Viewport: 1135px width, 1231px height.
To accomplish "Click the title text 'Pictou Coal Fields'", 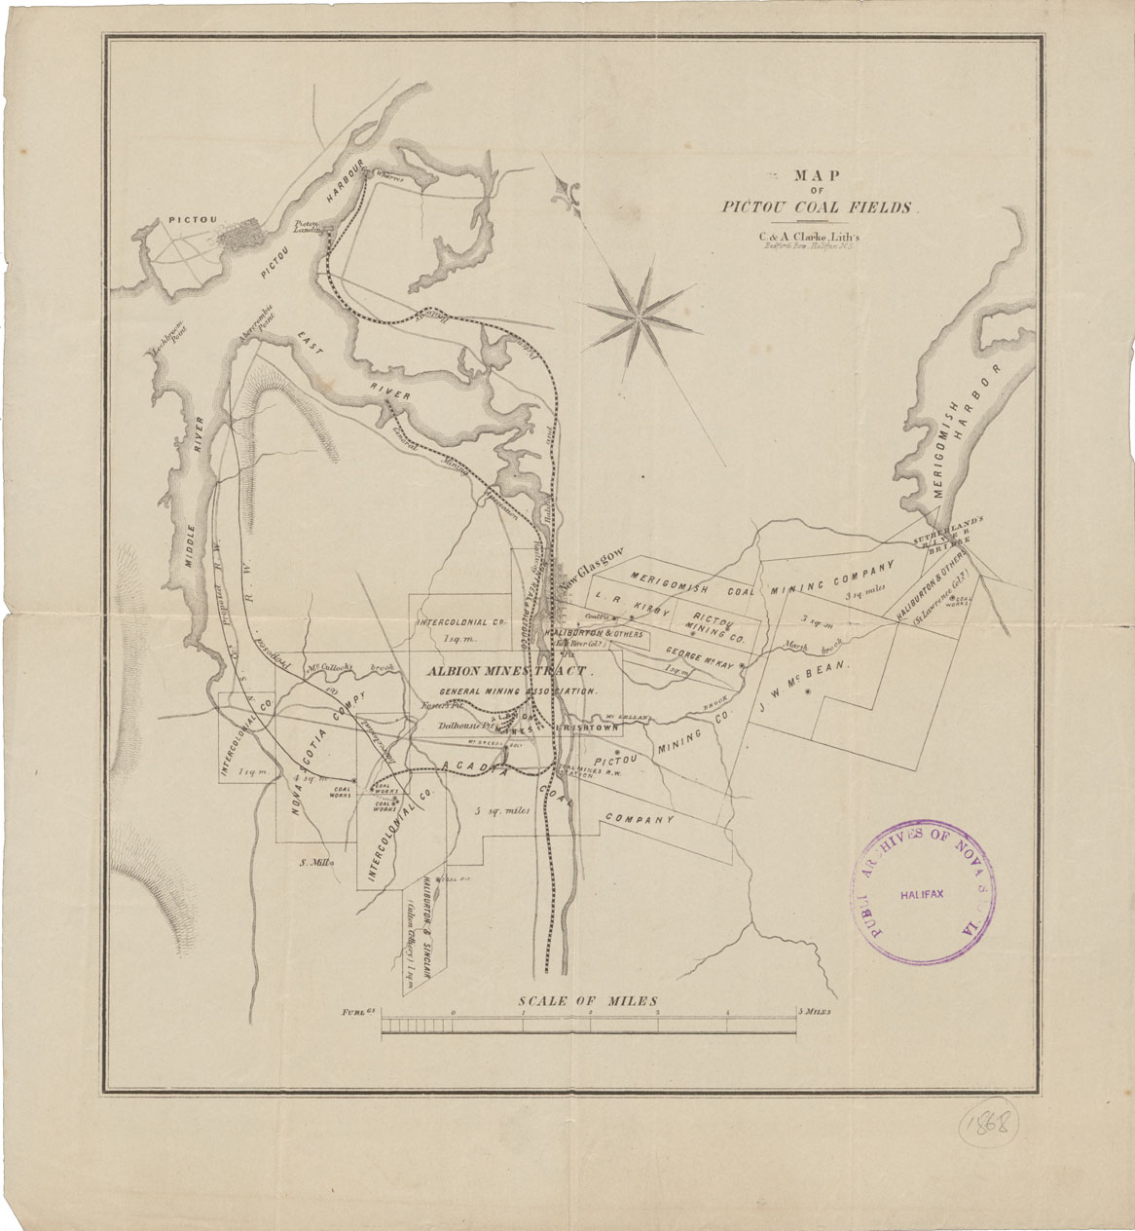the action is [819, 207].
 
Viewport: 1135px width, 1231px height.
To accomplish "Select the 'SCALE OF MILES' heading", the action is [588, 1001].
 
